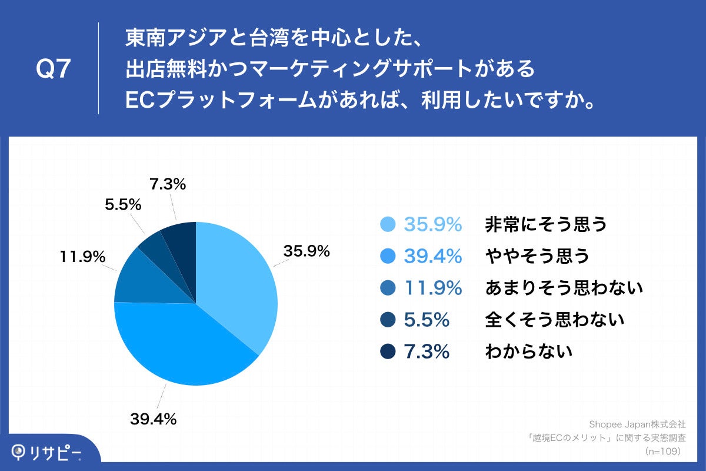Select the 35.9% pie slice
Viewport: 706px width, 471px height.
[238, 283]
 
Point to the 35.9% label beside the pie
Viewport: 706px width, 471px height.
[307, 251]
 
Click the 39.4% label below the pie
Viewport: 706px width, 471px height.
[153, 419]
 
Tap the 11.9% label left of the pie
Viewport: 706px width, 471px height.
[82, 257]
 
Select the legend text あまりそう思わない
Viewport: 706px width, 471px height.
[564, 288]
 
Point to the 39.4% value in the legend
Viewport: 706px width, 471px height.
[432, 256]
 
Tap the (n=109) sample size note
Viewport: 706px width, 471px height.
[662, 451]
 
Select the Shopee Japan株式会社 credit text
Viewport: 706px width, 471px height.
[637, 424]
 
